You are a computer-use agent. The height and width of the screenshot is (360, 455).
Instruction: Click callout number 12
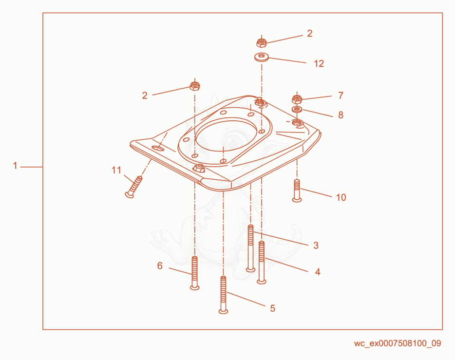click(x=319, y=63)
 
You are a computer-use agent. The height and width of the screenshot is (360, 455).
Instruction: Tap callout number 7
click(x=341, y=95)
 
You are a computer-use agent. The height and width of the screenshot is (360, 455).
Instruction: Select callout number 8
click(x=341, y=115)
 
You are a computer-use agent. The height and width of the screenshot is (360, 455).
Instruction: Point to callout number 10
click(x=341, y=197)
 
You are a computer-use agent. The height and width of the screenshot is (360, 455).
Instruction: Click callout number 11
click(x=116, y=170)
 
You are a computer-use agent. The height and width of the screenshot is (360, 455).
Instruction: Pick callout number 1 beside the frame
click(x=15, y=166)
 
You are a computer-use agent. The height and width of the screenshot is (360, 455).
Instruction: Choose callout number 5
click(x=272, y=308)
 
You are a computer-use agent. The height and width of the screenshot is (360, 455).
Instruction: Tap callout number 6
click(x=160, y=265)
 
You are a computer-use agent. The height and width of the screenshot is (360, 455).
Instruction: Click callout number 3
click(x=316, y=246)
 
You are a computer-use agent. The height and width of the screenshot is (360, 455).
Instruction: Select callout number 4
click(x=318, y=272)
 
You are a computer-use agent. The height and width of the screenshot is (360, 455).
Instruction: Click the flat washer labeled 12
click(x=262, y=57)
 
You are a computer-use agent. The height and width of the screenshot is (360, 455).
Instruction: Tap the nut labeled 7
click(x=297, y=99)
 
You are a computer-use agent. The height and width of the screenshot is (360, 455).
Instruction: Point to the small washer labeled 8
click(x=297, y=110)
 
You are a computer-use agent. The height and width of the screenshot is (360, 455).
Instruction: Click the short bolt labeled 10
click(x=297, y=190)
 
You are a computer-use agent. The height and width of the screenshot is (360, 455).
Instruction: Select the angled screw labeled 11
click(x=134, y=187)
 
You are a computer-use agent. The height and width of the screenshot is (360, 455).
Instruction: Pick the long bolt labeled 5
click(x=223, y=295)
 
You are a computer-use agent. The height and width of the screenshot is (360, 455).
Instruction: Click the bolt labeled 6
click(x=195, y=273)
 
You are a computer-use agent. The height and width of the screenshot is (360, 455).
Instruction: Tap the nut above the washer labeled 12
click(x=262, y=42)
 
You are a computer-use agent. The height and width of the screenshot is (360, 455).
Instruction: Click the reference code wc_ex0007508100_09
click(x=398, y=343)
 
